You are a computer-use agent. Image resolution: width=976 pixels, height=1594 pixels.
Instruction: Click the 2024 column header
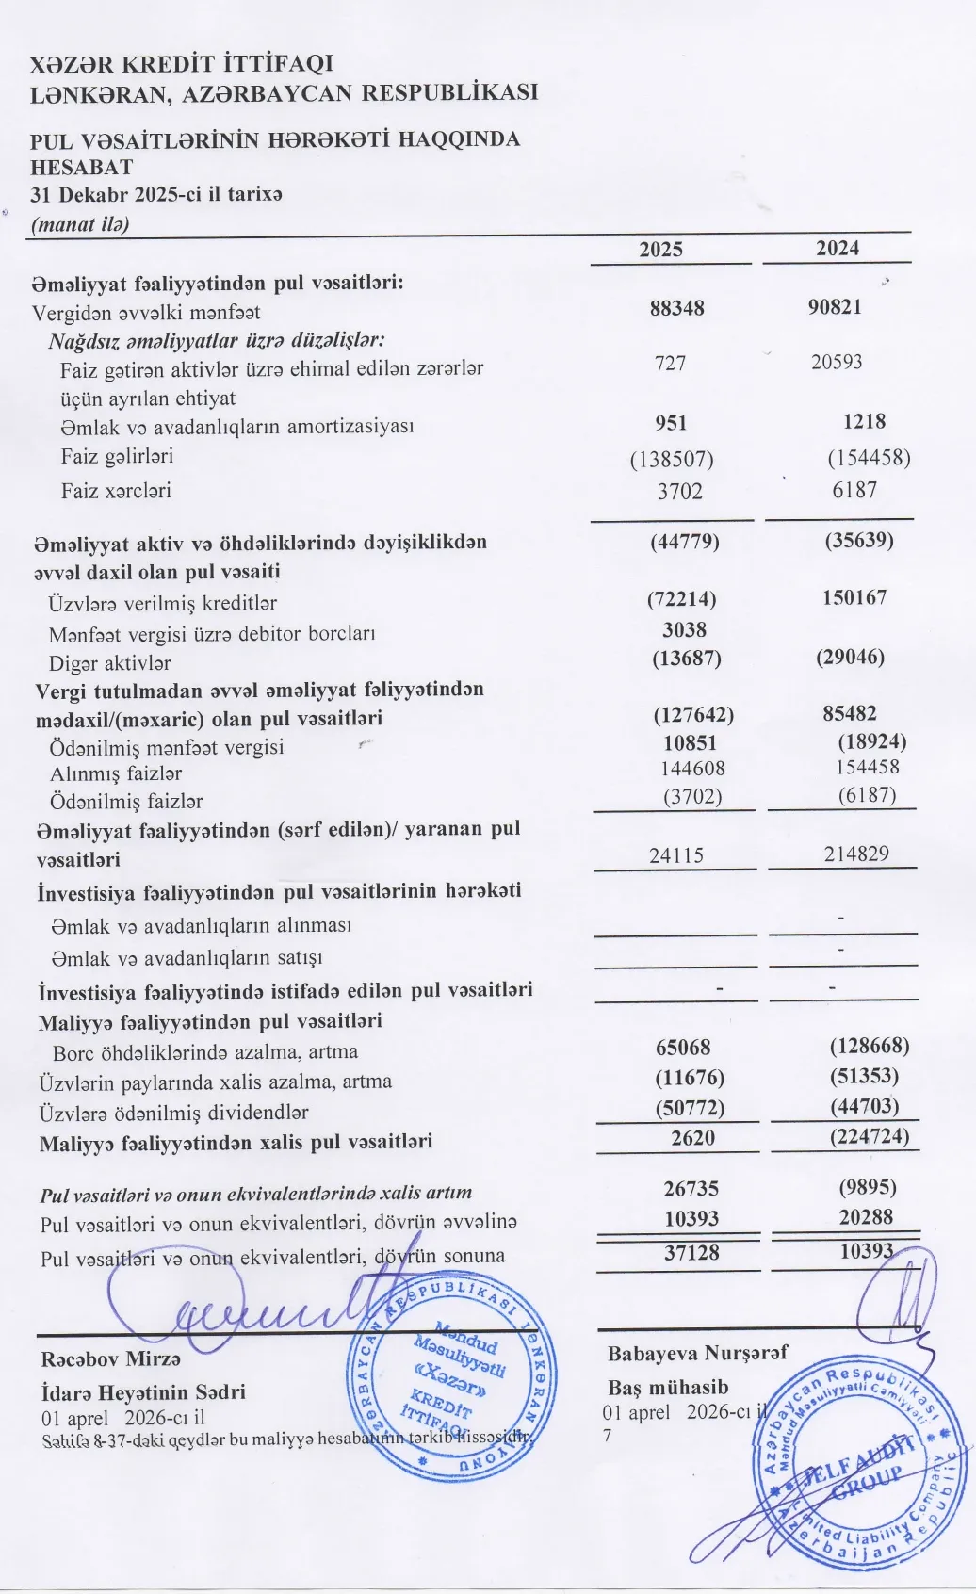pyautogui.click(x=838, y=248)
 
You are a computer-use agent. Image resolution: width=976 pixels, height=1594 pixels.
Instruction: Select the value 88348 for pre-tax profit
pyautogui.click(x=676, y=308)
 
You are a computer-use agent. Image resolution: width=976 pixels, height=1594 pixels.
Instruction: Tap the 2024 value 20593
pyautogui.click(x=837, y=362)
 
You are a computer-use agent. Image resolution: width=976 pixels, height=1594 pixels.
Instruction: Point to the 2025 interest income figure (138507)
pyautogui.click(x=672, y=460)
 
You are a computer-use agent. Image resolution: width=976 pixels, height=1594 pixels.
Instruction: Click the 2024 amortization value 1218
pyautogui.click(x=864, y=422)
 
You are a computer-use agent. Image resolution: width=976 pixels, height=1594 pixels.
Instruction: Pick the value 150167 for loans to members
pyautogui.click(x=854, y=597)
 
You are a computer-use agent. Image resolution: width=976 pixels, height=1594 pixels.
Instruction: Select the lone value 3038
pyautogui.click(x=684, y=629)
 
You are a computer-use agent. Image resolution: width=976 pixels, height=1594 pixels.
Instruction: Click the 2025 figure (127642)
pyautogui.click(x=693, y=715)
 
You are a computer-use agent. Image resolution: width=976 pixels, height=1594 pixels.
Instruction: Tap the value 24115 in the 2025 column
pyautogui.click(x=675, y=855)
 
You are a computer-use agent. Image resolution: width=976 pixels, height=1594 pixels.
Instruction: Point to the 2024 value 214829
pyautogui.click(x=854, y=854)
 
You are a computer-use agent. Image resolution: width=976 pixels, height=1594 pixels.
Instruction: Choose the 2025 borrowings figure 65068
pyautogui.click(x=683, y=1048)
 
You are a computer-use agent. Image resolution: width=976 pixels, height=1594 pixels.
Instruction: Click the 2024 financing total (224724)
pyautogui.click(x=870, y=1136)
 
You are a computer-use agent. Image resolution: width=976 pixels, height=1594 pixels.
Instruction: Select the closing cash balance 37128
pyautogui.click(x=691, y=1252)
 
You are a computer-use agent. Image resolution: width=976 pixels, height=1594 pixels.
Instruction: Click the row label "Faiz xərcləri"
pyautogui.click(x=116, y=491)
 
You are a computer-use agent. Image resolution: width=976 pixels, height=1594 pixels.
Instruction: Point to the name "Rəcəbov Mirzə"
pyautogui.click(x=110, y=1359)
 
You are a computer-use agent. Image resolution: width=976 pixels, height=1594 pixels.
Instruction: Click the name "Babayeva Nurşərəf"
pyautogui.click(x=697, y=1354)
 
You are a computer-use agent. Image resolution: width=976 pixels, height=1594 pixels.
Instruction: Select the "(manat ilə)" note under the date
pyautogui.click(x=80, y=224)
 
